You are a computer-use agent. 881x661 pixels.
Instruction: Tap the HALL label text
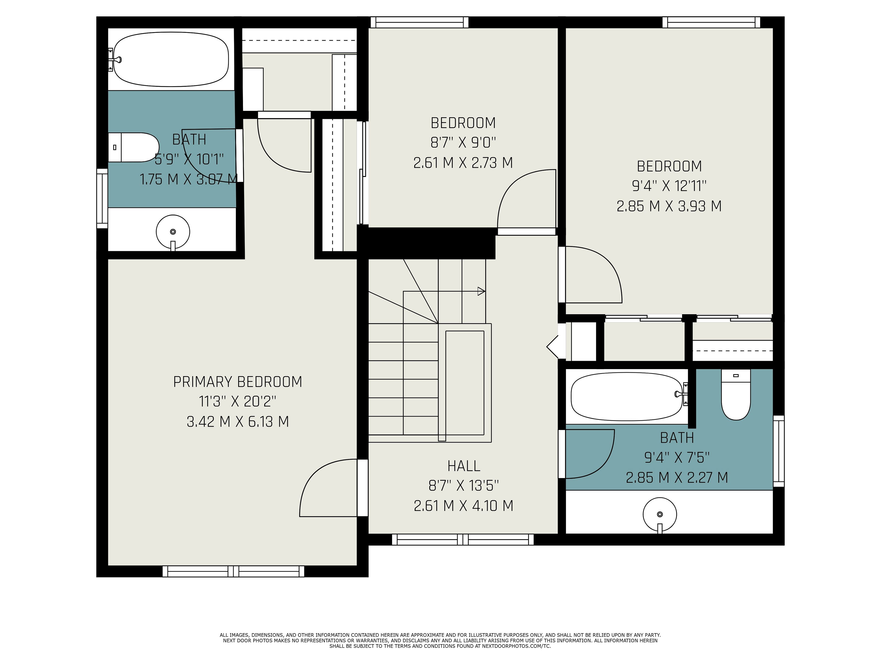[x=464, y=466]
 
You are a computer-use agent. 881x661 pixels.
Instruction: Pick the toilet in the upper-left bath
[x=134, y=147]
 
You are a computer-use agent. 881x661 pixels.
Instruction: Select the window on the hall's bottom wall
[x=463, y=540]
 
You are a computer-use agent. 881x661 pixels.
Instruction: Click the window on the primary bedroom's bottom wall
[x=233, y=571]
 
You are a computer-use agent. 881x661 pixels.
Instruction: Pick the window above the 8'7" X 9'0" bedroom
[x=419, y=22]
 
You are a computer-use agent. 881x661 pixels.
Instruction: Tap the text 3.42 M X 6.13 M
[x=238, y=422]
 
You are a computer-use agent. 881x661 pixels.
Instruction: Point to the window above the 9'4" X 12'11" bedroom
[x=711, y=22]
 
